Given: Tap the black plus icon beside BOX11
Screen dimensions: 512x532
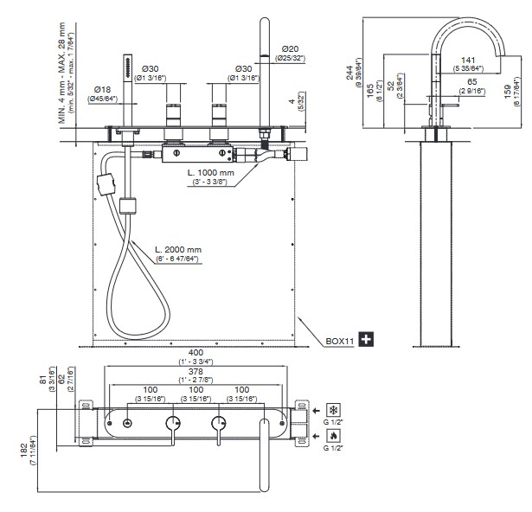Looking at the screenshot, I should pyautogui.click(x=366, y=339).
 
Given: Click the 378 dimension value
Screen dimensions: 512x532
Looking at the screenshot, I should pyautogui.click(x=195, y=373).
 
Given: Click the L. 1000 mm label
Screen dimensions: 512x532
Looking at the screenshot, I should pyautogui.click(x=213, y=173).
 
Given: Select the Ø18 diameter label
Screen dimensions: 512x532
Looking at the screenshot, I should pyautogui.click(x=102, y=89).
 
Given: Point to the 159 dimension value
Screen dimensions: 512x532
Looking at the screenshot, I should pyautogui.click(x=516, y=86).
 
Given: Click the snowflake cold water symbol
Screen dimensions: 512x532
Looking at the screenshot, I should pyautogui.click(x=331, y=407).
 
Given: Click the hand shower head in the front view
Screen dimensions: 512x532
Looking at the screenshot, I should pyautogui.click(x=127, y=69).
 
